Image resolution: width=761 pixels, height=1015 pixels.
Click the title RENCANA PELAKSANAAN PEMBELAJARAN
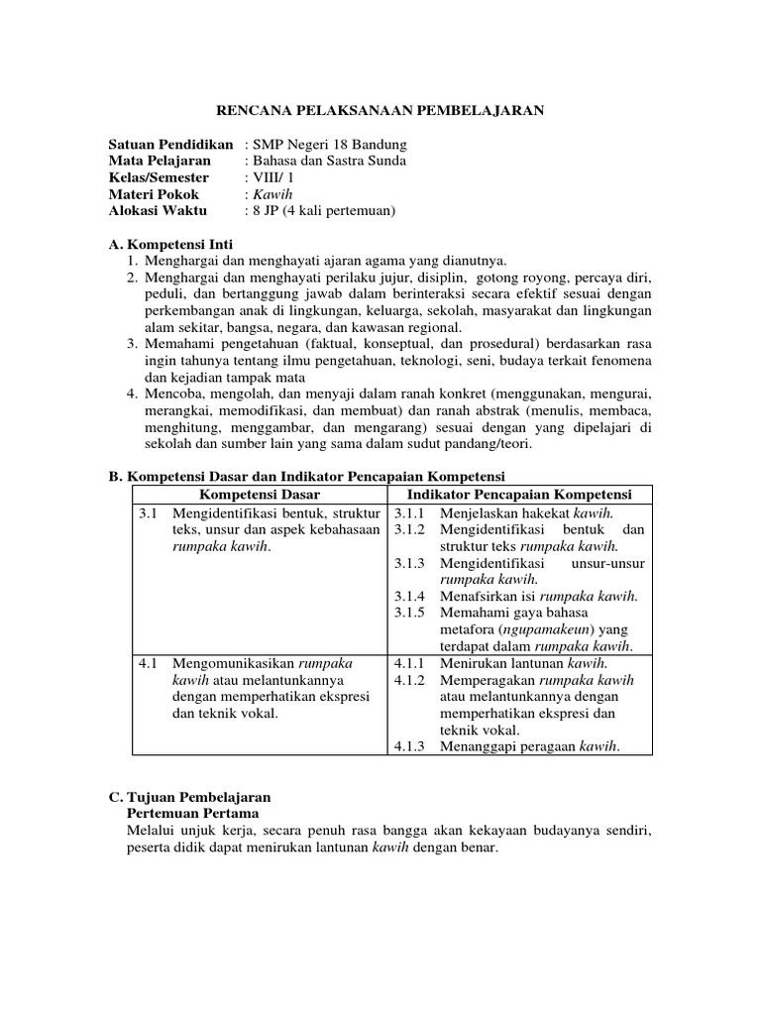[x=380, y=111]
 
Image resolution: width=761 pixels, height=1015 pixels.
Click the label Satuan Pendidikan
[x=170, y=144]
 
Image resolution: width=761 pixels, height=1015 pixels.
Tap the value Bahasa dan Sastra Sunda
[x=329, y=161]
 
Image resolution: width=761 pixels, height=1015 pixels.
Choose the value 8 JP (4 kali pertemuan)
[x=323, y=211]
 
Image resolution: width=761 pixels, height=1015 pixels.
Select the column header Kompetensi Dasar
[x=260, y=495]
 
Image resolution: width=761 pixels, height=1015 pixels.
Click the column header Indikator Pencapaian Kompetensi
[x=521, y=495]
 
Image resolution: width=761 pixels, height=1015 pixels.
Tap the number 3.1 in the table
[x=149, y=512]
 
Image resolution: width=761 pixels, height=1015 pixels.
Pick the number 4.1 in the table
[x=149, y=663]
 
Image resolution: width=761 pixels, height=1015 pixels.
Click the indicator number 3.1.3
[x=409, y=563]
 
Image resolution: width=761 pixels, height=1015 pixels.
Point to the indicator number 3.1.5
[x=409, y=614]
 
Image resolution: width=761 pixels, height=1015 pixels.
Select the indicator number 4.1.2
[x=409, y=680]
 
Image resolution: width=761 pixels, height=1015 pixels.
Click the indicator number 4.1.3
[x=409, y=747]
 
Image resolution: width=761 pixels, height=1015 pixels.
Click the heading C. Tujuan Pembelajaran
[x=188, y=796]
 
